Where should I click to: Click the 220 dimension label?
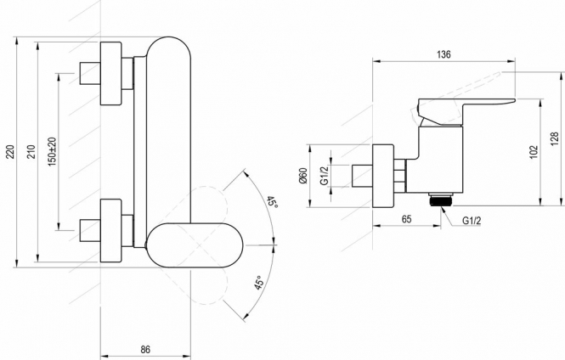tap(11, 152)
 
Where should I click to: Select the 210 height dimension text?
tap(31, 152)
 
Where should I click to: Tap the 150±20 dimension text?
tap(52, 152)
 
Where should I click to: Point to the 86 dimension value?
tap(144, 349)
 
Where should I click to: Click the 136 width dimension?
tap(444, 54)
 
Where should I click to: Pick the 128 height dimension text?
tap(554, 139)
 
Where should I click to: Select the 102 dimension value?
tap(534, 152)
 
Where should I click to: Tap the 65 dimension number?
tap(406, 219)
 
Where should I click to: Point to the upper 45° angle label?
tap(273, 202)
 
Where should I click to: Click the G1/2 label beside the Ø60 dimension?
tap(325, 176)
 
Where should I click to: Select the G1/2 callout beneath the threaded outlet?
tap(472, 221)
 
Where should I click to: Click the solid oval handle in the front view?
tap(195, 245)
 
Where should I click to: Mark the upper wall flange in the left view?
tap(111, 73)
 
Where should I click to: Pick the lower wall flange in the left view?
tap(111, 230)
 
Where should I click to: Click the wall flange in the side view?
tap(383, 176)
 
